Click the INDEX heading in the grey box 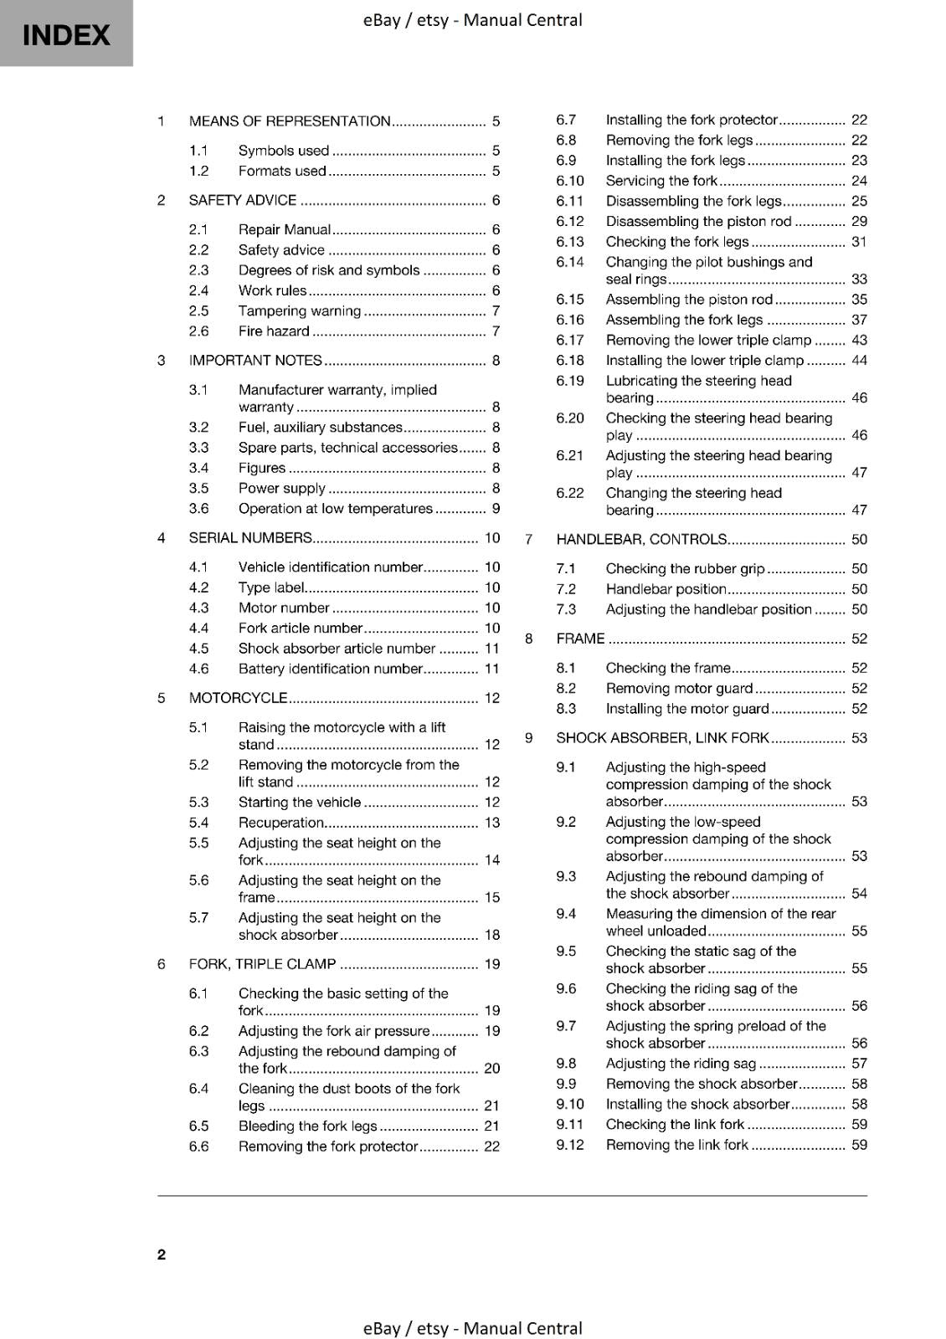(65, 35)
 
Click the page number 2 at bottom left (162, 1254)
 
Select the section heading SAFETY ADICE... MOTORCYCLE (238, 698)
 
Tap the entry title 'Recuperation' (280, 823)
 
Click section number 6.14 (569, 262)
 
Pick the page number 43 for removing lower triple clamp (859, 340)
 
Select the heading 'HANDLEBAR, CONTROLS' (641, 540)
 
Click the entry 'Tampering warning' (299, 311)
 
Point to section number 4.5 (198, 649)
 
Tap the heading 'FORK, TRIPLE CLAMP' (262, 964)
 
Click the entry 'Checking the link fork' (675, 1125)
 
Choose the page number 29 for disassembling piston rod (859, 222)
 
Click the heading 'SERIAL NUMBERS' (250, 538)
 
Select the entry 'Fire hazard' (274, 331)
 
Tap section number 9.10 (570, 1105)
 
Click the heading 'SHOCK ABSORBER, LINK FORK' (662, 738)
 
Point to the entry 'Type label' (271, 588)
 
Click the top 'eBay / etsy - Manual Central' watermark (472, 20)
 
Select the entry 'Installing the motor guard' (686, 709)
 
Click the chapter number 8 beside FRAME (529, 639)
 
